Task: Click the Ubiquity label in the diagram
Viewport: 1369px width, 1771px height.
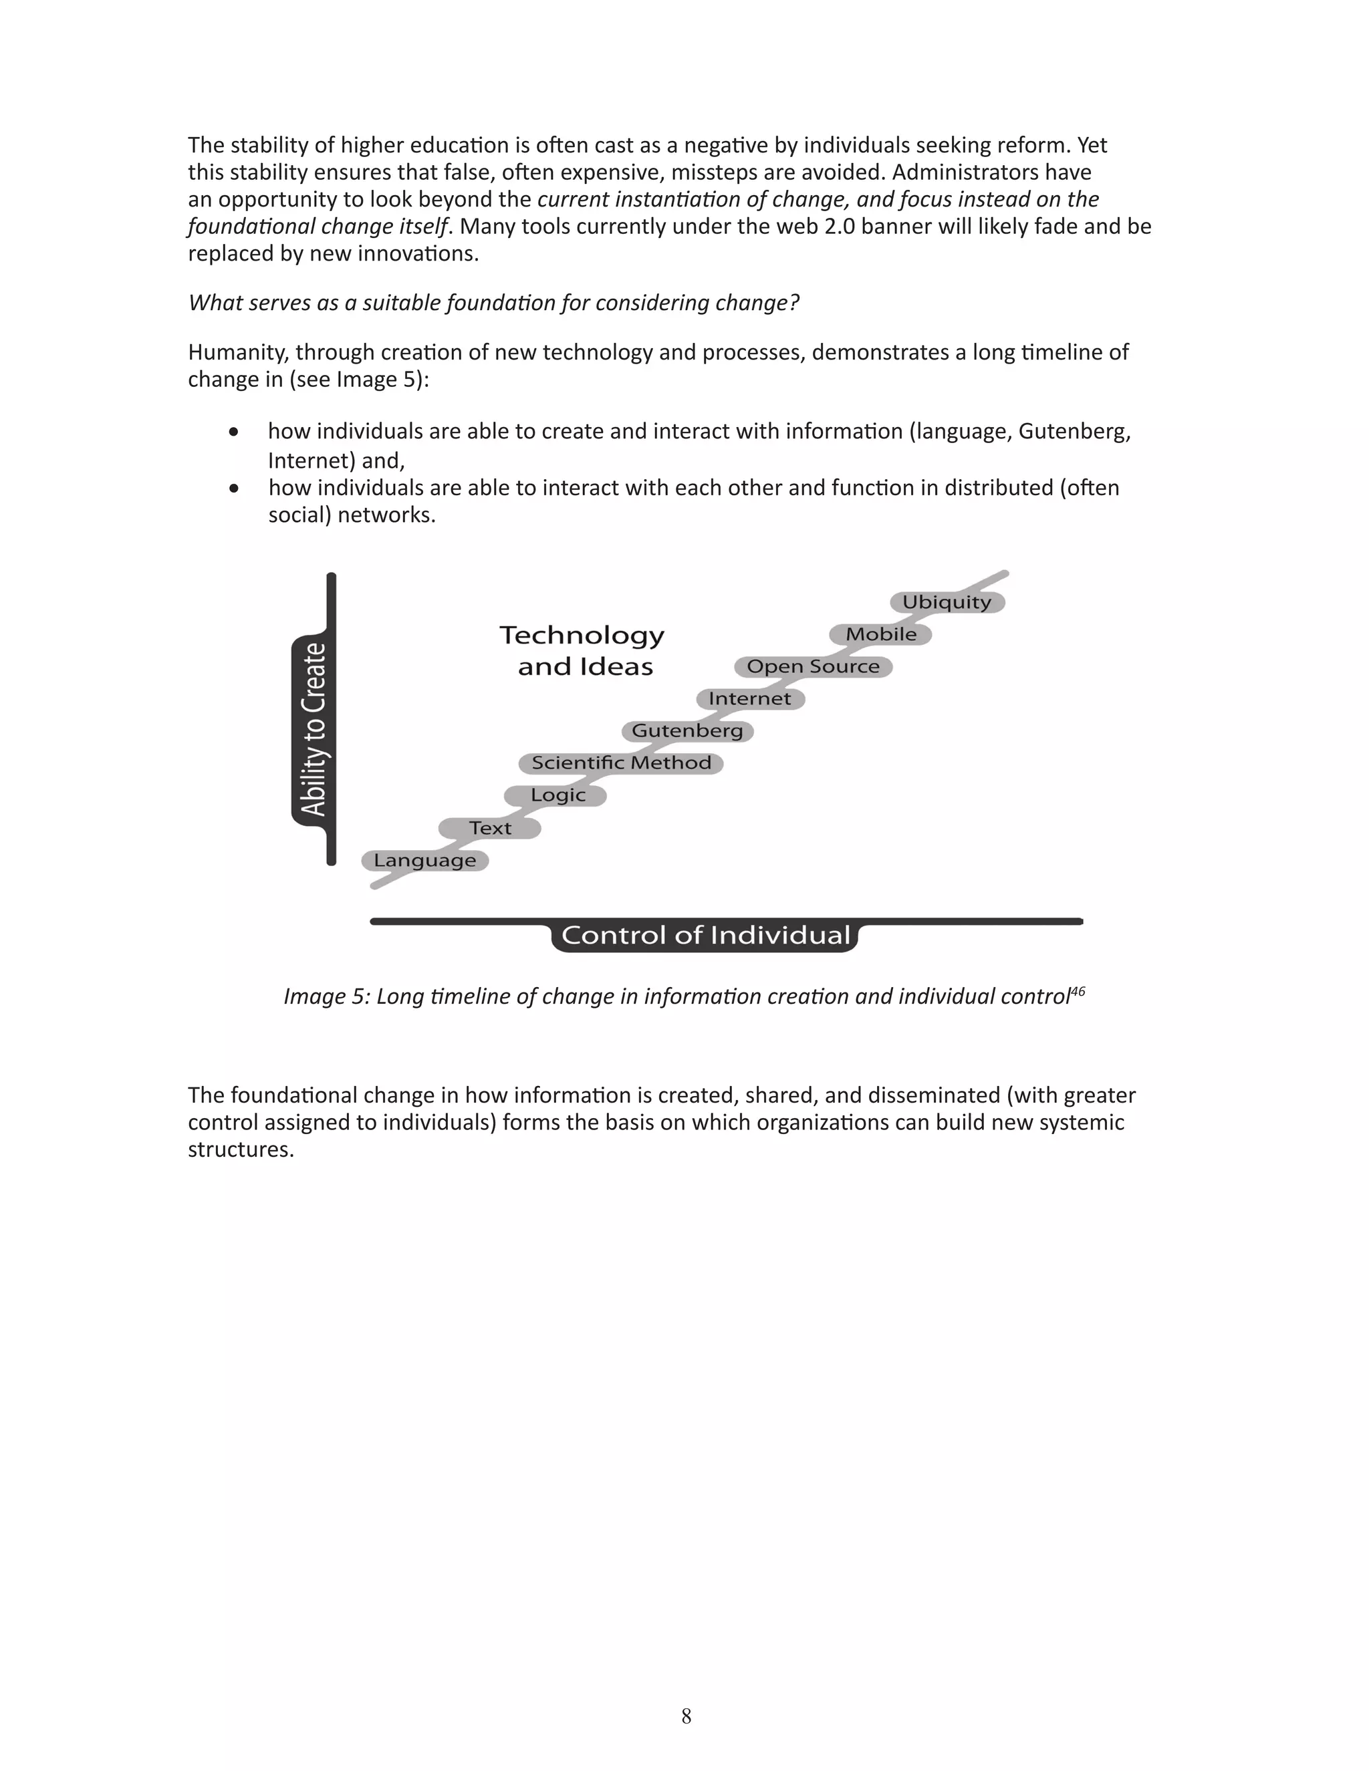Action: [x=947, y=601]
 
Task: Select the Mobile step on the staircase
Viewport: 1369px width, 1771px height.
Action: [x=881, y=634]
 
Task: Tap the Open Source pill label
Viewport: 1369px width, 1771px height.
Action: [x=813, y=666]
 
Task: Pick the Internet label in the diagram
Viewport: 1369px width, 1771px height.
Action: [x=749, y=698]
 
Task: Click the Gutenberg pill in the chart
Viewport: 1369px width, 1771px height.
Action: [x=687, y=730]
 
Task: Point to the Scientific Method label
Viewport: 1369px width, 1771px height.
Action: [x=621, y=763]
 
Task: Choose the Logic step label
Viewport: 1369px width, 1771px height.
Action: [x=557, y=795]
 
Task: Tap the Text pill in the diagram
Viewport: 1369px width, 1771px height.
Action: [x=490, y=828]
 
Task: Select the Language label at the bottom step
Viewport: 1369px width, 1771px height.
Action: [x=425, y=860]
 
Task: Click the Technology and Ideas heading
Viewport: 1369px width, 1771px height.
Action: [x=582, y=650]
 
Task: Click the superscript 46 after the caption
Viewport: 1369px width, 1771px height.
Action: [x=1078, y=990]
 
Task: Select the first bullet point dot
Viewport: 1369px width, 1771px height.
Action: [x=233, y=432]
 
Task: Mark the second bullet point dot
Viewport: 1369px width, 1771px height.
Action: [x=233, y=488]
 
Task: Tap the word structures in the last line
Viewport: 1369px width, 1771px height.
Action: [x=240, y=1150]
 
